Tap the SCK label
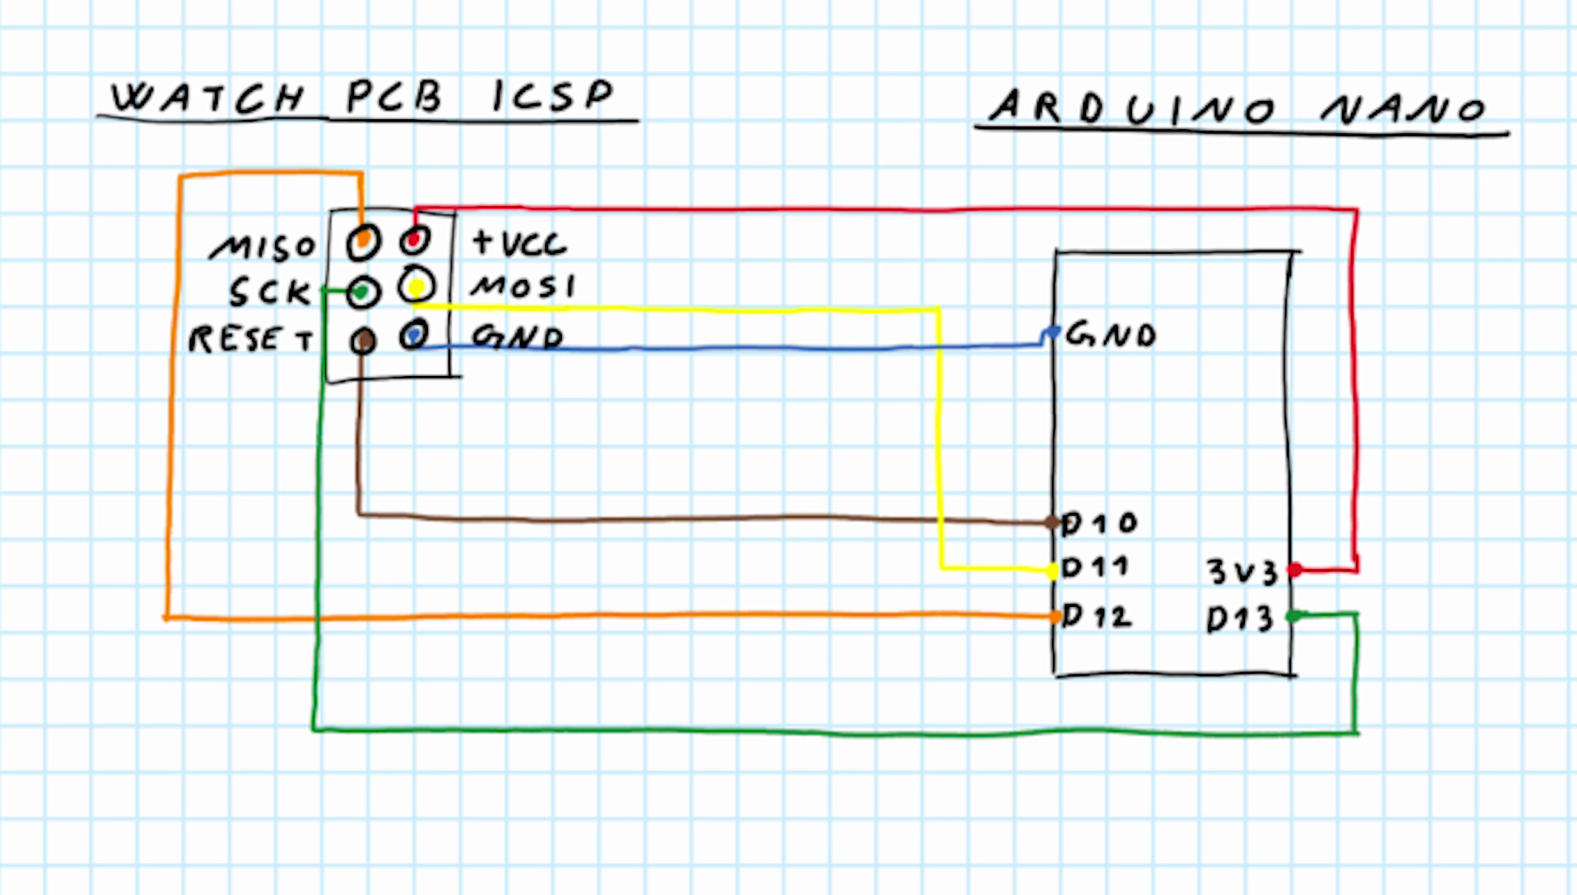click(x=269, y=292)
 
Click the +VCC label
click(x=519, y=243)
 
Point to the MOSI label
click(x=523, y=287)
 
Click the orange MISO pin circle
click(x=363, y=241)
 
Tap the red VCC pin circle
click(x=414, y=241)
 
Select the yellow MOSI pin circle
click(x=416, y=287)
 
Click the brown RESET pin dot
click(x=363, y=341)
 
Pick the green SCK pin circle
click(x=362, y=292)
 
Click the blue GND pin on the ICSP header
click(x=414, y=335)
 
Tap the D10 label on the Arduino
click(x=1099, y=523)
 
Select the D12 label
click(x=1097, y=616)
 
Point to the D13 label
click(x=1239, y=619)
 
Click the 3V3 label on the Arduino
click(x=1242, y=571)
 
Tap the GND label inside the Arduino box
click(x=1110, y=335)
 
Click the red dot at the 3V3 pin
click(x=1295, y=570)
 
